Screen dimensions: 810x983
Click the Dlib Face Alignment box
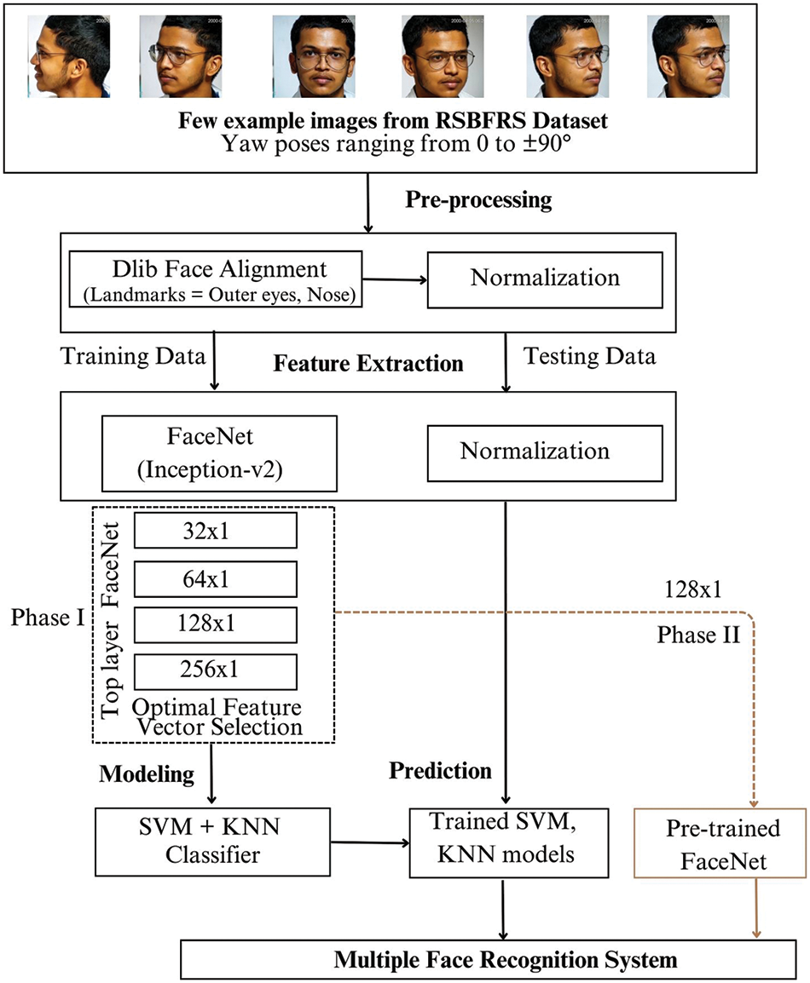215,279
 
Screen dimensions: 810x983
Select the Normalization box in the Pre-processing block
545,279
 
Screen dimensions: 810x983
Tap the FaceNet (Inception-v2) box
219,453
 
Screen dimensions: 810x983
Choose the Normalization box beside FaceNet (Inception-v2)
545,453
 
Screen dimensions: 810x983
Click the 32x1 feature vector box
215,531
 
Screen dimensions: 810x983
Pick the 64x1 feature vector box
215,578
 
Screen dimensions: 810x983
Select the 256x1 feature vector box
215,671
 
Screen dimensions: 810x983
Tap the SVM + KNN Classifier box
212,842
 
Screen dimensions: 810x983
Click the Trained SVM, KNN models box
509,842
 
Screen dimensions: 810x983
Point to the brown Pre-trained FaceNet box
720,842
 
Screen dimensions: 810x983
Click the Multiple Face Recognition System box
489,959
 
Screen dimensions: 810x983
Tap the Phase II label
698,635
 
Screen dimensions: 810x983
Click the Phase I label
48,618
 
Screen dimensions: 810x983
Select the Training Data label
133,356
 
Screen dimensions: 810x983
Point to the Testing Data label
590,356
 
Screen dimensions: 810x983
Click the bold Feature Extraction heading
368,364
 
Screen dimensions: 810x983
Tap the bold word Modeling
147,774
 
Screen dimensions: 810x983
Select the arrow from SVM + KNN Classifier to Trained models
370,842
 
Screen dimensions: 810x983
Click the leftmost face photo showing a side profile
68,56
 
